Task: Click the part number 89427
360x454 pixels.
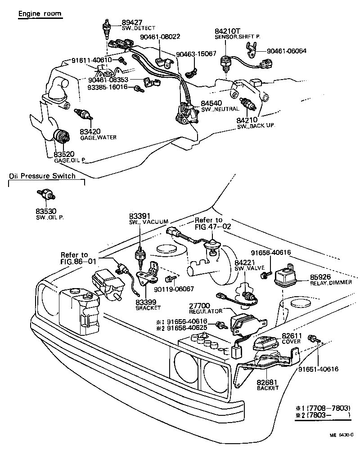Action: (x=132, y=22)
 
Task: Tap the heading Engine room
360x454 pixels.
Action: (x=40, y=13)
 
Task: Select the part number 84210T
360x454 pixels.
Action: (x=228, y=31)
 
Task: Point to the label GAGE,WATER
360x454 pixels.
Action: (x=98, y=138)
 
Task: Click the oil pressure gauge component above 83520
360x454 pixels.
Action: (x=62, y=136)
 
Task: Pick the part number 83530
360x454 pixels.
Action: (x=46, y=211)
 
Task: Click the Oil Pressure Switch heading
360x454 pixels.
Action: (x=42, y=176)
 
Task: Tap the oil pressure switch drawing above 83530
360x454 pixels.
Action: (x=46, y=195)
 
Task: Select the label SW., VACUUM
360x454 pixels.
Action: (x=148, y=222)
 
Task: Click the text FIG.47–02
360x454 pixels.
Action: (x=213, y=227)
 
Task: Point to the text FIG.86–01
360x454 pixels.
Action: (x=78, y=262)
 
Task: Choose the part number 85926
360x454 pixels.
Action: (x=320, y=277)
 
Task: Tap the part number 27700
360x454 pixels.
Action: (x=199, y=306)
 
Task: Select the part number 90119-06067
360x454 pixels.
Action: (x=174, y=289)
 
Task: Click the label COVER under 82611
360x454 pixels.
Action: (x=291, y=342)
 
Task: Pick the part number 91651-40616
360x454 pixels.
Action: (x=318, y=369)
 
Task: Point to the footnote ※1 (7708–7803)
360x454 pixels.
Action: (x=323, y=408)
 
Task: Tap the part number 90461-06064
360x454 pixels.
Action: (x=286, y=51)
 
